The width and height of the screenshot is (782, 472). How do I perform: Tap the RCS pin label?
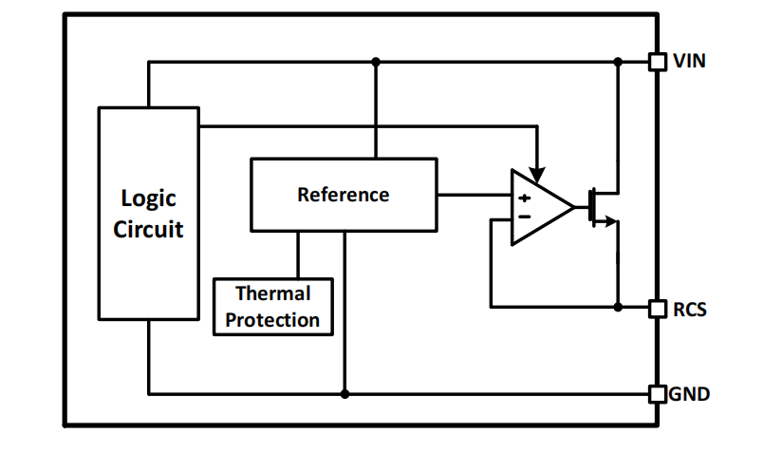pos(689,309)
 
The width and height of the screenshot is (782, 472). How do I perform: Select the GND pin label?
pos(689,393)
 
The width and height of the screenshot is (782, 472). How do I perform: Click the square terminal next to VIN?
pos(657,62)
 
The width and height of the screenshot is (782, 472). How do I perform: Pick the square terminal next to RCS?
pos(657,308)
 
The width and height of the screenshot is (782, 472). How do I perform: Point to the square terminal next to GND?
pos(657,393)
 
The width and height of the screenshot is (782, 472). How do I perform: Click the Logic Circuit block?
pos(148,214)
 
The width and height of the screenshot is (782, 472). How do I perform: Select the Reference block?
pos(343,195)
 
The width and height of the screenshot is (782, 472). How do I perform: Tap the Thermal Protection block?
pos(273,307)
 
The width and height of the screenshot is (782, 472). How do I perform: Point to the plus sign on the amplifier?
pos(523,198)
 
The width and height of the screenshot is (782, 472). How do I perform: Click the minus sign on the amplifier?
pos(523,217)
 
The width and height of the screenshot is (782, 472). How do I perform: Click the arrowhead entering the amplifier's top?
pos(537,175)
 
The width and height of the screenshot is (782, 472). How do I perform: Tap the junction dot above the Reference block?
pos(376,62)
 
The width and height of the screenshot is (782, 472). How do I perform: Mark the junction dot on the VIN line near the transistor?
pos(618,62)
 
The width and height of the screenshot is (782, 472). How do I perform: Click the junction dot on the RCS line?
pos(618,308)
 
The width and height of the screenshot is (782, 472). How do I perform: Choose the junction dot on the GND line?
pos(344,393)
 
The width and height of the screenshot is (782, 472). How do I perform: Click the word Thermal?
pos(272,294)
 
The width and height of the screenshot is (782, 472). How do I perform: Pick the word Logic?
pos(148,198)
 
